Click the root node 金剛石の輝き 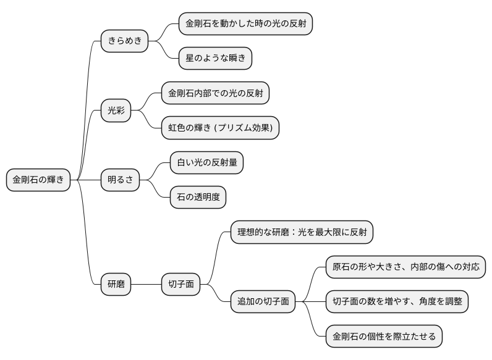pyautogui.click(x=38, y=180)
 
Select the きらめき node pyautogui.click(x=125, y=41)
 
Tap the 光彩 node pyautogui.click(x=116, y=111)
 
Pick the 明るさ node pyautogui.click(x=121, y=180)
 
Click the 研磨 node pyautogui.click(x=116, y=285)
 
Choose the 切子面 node pyautogui.click(x=181, y=285)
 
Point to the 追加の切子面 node pyautogui.click(x=263, y=303)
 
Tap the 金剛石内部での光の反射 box pyautogui.click(x=215, y=93)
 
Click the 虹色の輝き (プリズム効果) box pyautogui.click(x=221, y=128)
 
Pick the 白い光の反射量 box pyautogui.click(x=206, y=163)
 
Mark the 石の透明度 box pyautogui.click(x=198, y=198)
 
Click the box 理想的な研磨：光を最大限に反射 pyautogui.click(x=302, y=232)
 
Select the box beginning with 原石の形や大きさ pyautogui.click(x=405, y=267)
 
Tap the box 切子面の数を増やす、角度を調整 pyautogui.click(x=397, y=302)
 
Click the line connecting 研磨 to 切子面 pyautogui.click(x=146, y=285)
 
